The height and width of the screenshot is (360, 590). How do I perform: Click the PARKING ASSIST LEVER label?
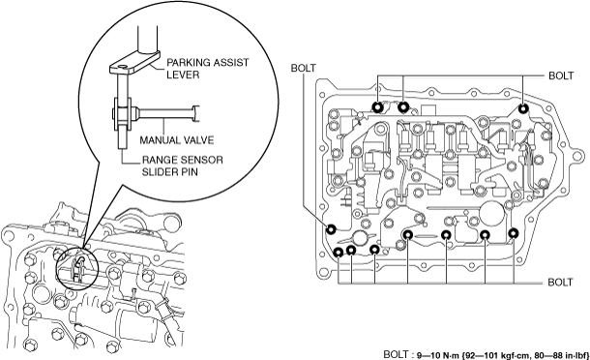point(208,68)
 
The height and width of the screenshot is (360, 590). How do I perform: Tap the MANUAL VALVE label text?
point(176,140)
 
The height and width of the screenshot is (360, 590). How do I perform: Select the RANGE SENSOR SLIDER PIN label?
point(182,165)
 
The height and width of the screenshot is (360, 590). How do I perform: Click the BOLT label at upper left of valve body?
point(304,68)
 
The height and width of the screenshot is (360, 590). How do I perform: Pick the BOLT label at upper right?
point(561,75)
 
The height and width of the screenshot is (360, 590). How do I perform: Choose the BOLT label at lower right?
point(560,282)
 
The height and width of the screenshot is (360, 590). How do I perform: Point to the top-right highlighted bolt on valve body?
point(523,108)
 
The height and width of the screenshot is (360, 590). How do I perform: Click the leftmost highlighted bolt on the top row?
point(377,107)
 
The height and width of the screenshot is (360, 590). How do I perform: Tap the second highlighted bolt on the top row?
point(403,107)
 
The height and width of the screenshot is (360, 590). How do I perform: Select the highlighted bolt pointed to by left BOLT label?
point(331,228)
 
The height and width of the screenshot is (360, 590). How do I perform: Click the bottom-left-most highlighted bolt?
point(339,252)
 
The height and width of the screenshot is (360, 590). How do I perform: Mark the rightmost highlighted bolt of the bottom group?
point(514,233)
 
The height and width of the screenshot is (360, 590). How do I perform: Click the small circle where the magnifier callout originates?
point(76,267)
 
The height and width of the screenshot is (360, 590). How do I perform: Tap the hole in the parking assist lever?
point(122,68)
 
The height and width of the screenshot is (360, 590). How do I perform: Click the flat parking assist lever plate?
point(134,63)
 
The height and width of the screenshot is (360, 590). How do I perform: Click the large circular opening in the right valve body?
point(492,214)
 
